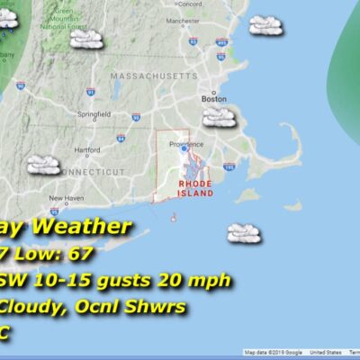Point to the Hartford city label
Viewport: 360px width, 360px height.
[x=87, y=149]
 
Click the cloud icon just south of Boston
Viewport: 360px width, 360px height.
[x=219, y=116]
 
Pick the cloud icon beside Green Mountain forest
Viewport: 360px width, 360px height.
[x=87, y=38]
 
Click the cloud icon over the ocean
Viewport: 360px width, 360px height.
[x=243, y=233]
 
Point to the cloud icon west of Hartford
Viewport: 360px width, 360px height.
[x=42, y=165]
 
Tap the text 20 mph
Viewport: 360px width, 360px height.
[x=202, y=281]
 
